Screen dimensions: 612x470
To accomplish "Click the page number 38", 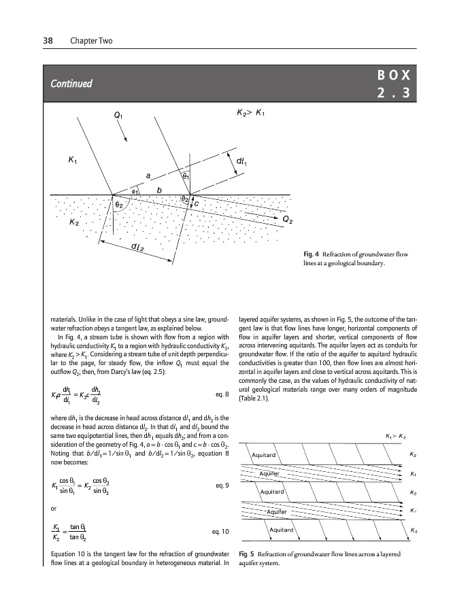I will click(48, 41).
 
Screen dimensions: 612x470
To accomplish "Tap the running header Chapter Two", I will click(91, 41).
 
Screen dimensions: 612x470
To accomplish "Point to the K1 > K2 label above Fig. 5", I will click(397, 435).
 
